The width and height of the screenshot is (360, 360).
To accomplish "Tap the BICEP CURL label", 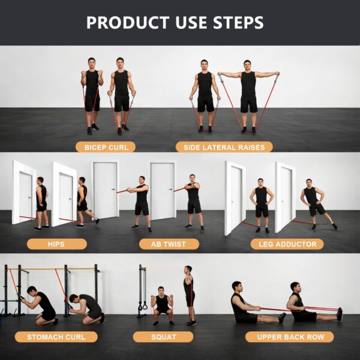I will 106,146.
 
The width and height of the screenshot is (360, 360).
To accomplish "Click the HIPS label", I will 56,244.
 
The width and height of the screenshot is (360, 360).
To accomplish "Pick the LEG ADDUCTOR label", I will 287,244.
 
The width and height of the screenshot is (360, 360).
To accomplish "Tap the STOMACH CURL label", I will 56,337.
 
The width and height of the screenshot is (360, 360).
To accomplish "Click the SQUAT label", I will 164,337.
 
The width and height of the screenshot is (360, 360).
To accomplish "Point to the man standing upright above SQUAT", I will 190,295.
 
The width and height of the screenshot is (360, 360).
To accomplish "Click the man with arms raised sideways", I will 248,93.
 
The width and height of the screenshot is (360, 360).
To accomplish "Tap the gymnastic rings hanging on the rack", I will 143,307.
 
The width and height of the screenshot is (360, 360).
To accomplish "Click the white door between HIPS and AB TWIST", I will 105,191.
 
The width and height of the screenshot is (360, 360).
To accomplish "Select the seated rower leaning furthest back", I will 243,303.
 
